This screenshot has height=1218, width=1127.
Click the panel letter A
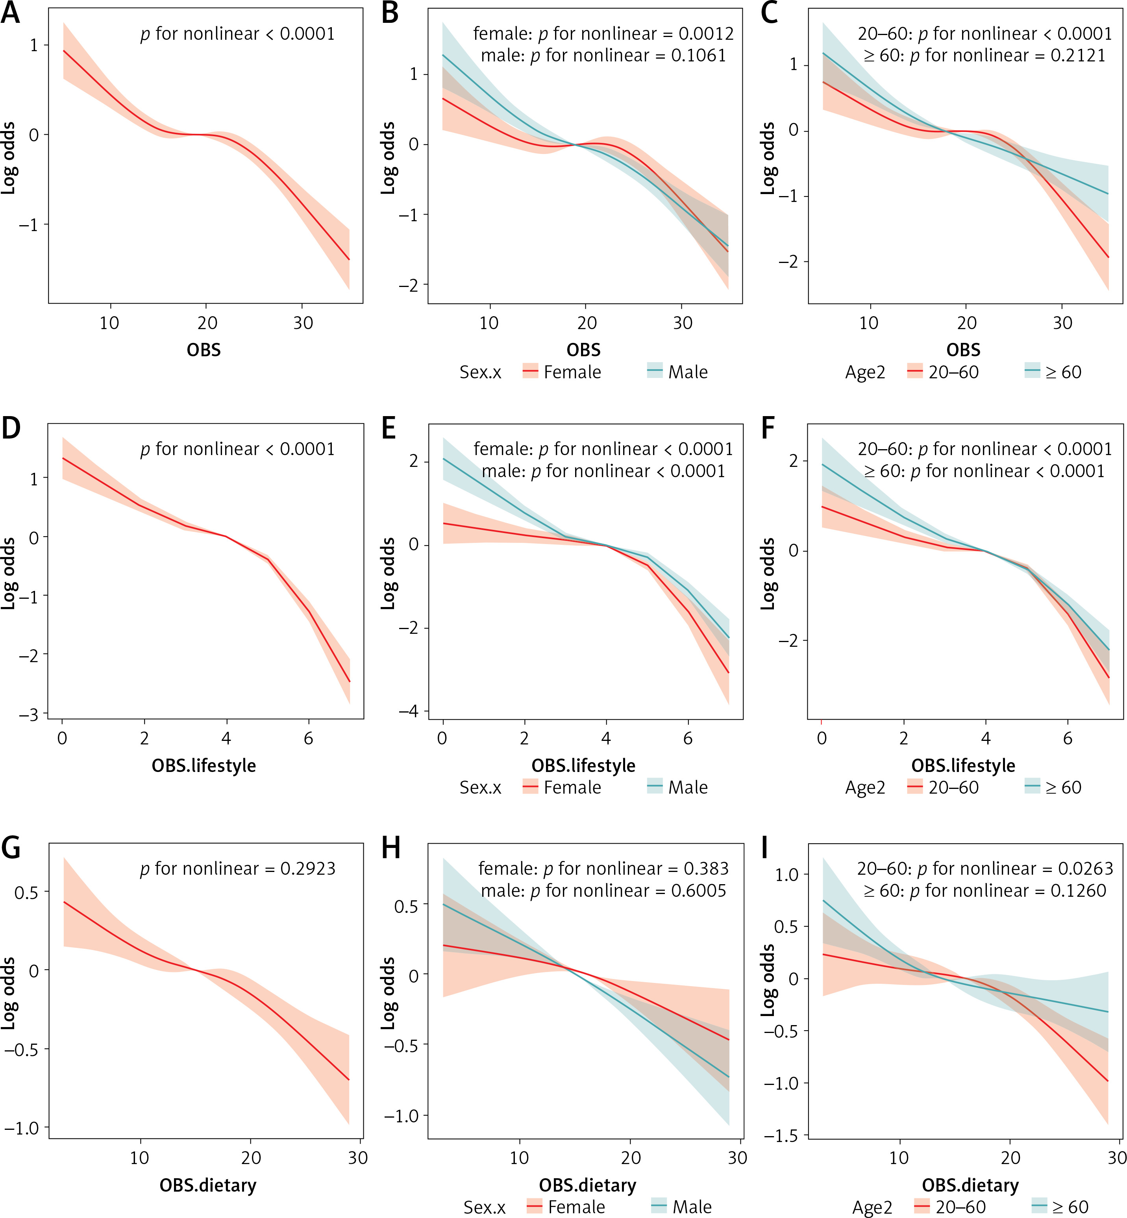pos(10,13)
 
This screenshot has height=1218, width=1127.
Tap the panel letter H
pos(391,848)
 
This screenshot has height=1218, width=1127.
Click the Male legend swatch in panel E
pos(654,787)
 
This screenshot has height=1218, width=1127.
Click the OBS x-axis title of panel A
pos(204,350)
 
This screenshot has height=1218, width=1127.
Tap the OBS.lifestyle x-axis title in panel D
pos(204,765)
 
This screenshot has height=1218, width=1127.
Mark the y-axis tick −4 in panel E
pos(409,711)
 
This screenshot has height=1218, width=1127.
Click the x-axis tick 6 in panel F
pos(1067,739)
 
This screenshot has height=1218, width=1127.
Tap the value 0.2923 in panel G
pos(308,868)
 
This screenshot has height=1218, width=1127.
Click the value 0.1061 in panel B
pos(699,56)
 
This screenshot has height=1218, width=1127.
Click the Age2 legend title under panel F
pos(865,787)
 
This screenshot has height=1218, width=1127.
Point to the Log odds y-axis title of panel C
pos(768,159)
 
